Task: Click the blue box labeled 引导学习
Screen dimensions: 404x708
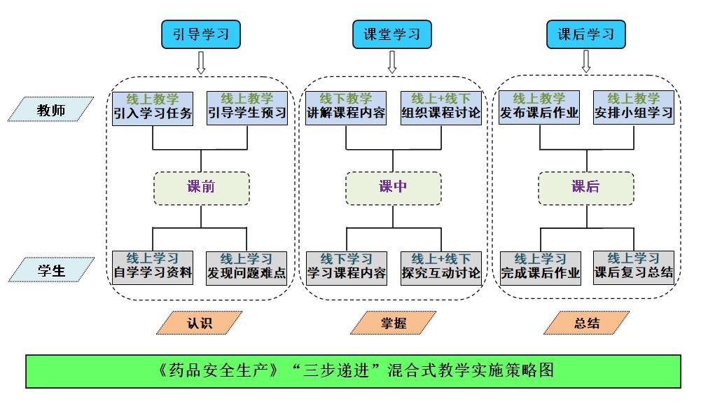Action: tap(201, 34)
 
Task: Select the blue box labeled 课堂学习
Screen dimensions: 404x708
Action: tap(391, 34)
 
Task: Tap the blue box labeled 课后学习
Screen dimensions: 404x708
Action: tap(585, 34)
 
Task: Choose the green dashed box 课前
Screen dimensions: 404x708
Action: tap(201, 188)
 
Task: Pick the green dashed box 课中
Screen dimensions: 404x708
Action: tap(393, 188)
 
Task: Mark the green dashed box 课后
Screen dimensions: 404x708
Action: tap(585, 188)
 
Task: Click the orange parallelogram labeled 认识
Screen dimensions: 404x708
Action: tap(199, 323)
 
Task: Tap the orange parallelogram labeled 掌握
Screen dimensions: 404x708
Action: tap(393, 323)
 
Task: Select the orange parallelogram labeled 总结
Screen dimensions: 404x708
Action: tap(586, 323)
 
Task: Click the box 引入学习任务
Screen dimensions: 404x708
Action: tap(153, 107)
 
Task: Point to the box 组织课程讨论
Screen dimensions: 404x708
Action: tap(441, 107)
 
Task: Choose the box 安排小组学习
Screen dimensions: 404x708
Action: tap(633, 107)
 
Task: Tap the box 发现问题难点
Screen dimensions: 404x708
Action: tap(247, 267)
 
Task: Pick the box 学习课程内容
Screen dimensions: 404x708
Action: tap(346, 267)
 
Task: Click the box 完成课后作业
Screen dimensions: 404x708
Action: tap(540, 267)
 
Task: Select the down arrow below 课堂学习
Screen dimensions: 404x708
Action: tap(392, 62)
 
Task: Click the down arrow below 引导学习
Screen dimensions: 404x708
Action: tap(201, 62)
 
